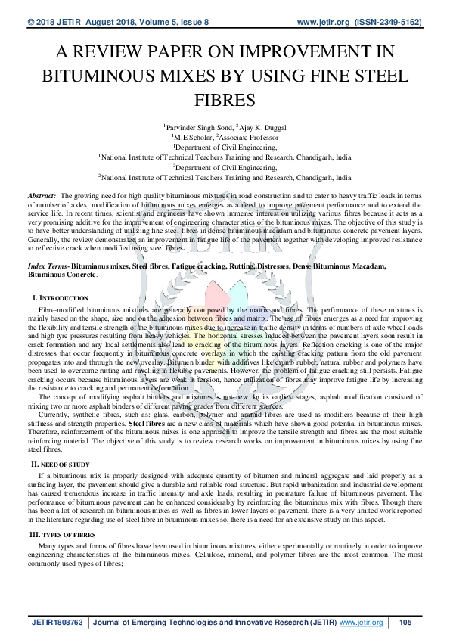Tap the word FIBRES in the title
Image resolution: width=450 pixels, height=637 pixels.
[225, 100]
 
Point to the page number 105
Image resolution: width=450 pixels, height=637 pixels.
[405, 622]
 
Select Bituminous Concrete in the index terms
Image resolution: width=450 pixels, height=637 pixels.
[63, 275]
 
